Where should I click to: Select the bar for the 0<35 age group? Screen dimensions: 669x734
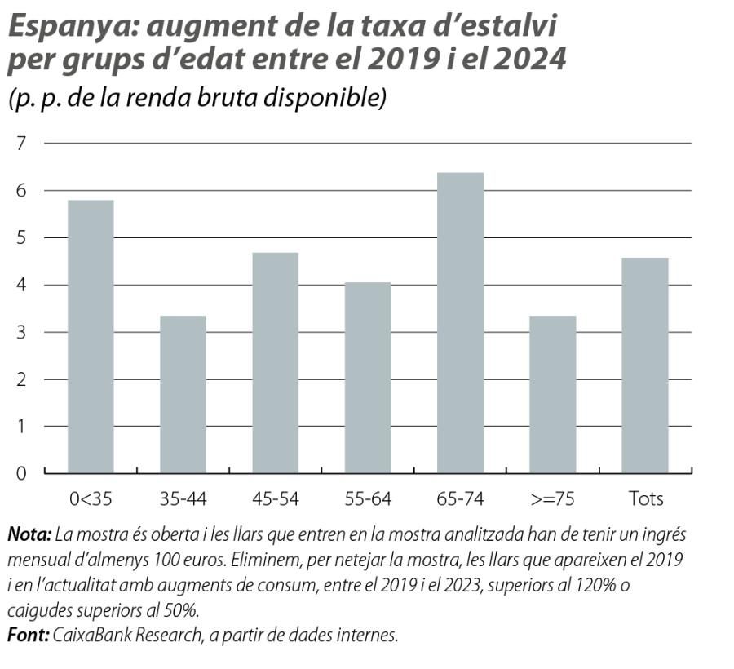[x=91, y=336]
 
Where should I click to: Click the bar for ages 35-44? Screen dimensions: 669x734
[x=183, y=394]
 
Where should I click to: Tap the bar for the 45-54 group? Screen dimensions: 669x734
[x=275, y=362]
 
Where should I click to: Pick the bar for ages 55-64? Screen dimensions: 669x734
[x=368, y=377]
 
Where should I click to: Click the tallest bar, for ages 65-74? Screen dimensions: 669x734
[x=460, y=322]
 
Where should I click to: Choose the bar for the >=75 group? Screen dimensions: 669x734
[x=552, y=394]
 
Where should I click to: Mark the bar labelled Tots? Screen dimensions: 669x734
[x=645, y=365]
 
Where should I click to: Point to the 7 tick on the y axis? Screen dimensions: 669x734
[x=21, y=144]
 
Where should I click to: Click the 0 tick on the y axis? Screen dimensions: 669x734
[x=21, y=473]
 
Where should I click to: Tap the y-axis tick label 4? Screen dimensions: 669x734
[x=21, y=286]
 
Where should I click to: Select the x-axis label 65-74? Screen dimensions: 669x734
[x=460, y=498]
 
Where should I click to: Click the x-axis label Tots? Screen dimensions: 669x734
[x=645, y=498]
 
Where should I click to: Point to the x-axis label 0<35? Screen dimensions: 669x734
[x=91, y=498]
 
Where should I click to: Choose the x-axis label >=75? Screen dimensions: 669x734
[x=552, y=498]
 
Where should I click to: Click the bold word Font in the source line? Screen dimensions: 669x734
[x=28, y=635]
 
